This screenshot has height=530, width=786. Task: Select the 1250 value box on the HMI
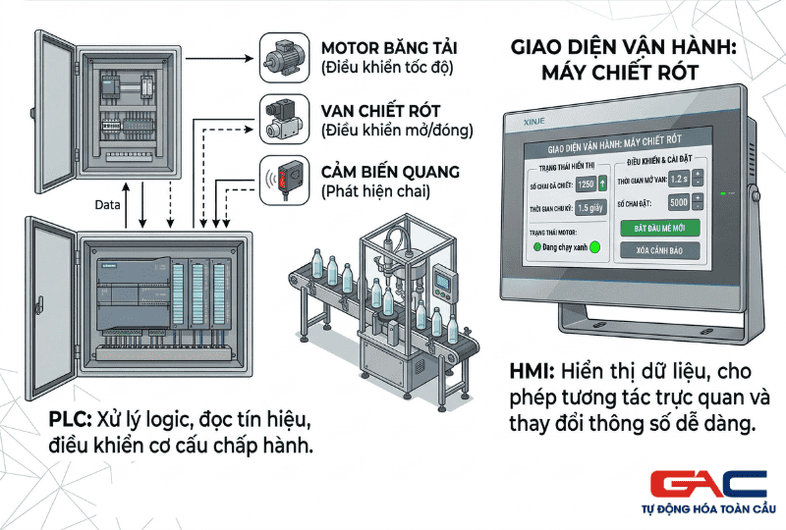click(586, 184)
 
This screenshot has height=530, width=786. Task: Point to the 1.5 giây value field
click(589, 207)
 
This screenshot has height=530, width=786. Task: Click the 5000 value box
click(677, 203)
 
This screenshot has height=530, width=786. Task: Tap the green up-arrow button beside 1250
click(603, 184)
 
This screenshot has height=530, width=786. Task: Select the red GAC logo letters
click(707, 485)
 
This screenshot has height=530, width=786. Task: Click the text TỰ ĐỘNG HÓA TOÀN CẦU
click(707, 509)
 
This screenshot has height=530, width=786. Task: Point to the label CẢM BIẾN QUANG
click(390, 173)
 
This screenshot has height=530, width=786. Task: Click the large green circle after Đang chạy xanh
click(594, 247)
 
